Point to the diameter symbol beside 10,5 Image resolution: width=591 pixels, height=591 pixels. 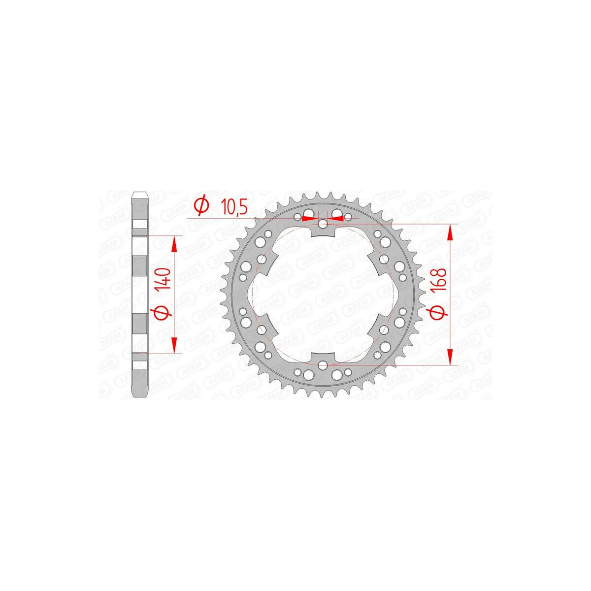coord(201,206)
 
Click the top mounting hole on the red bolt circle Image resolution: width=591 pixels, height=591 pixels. coord(322,224)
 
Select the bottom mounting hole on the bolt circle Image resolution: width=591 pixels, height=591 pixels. coord(322,365)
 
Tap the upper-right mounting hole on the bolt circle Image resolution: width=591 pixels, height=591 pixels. coord(383,259)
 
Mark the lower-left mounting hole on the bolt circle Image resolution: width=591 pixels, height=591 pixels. coord(262,329)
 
